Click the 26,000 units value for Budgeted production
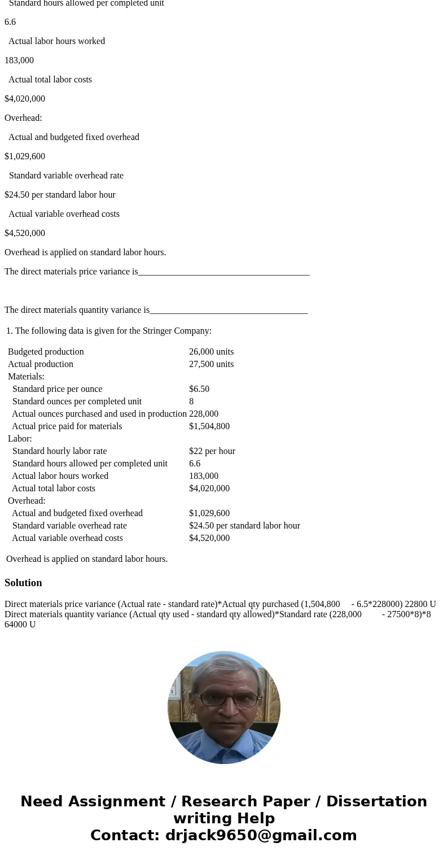[211, 352]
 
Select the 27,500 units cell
[211, 364]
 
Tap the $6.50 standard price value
[199, 389]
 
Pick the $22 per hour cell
[212, 451]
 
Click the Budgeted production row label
[46, 352]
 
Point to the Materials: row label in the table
[26, 377]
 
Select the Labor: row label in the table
[20, 439]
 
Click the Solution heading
[23, 583]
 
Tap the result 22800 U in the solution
[420, 604]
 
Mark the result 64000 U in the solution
[20, 625]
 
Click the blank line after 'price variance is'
[223, 272]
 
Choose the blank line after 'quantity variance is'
[229, 311]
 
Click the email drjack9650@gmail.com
[261, 835]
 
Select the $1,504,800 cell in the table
[209, 426]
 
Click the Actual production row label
[41, 364]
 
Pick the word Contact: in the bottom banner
[125, 835]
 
